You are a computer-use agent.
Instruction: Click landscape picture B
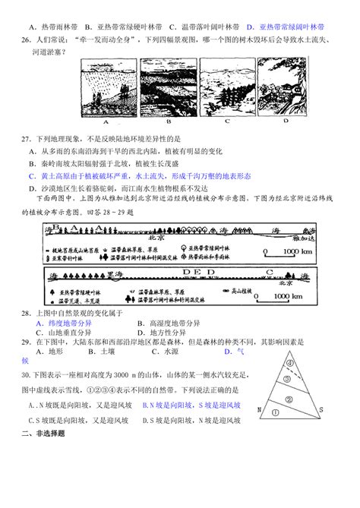click(163, 88)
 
